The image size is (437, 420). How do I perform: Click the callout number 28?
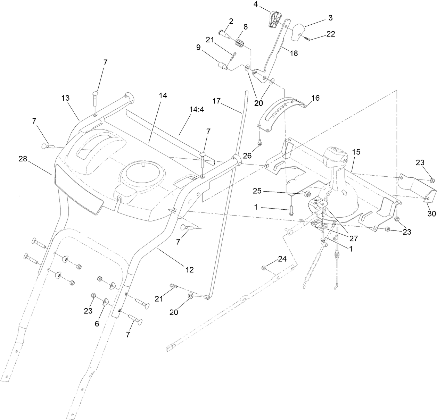tap(23, 159)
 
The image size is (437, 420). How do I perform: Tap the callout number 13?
tap(65, 99)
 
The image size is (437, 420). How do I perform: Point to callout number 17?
tap(216, 101)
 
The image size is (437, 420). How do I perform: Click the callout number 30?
tap(431, 214)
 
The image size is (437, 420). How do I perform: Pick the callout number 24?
tap(282, 259)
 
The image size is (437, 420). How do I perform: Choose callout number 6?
tap(97, 323)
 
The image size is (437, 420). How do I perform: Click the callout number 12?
tap(189, 269)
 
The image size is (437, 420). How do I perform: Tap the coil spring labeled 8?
tap(239, 43)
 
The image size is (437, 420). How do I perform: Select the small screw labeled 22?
tap(307, 39)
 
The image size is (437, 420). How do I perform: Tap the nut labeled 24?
tap(264, 268)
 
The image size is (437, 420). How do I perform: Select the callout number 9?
tap(198, 48)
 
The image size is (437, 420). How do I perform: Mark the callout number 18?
tap(294, 53)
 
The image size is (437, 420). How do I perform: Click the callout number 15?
tap(356, 152)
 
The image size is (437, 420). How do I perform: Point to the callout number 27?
tap(354, 239)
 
